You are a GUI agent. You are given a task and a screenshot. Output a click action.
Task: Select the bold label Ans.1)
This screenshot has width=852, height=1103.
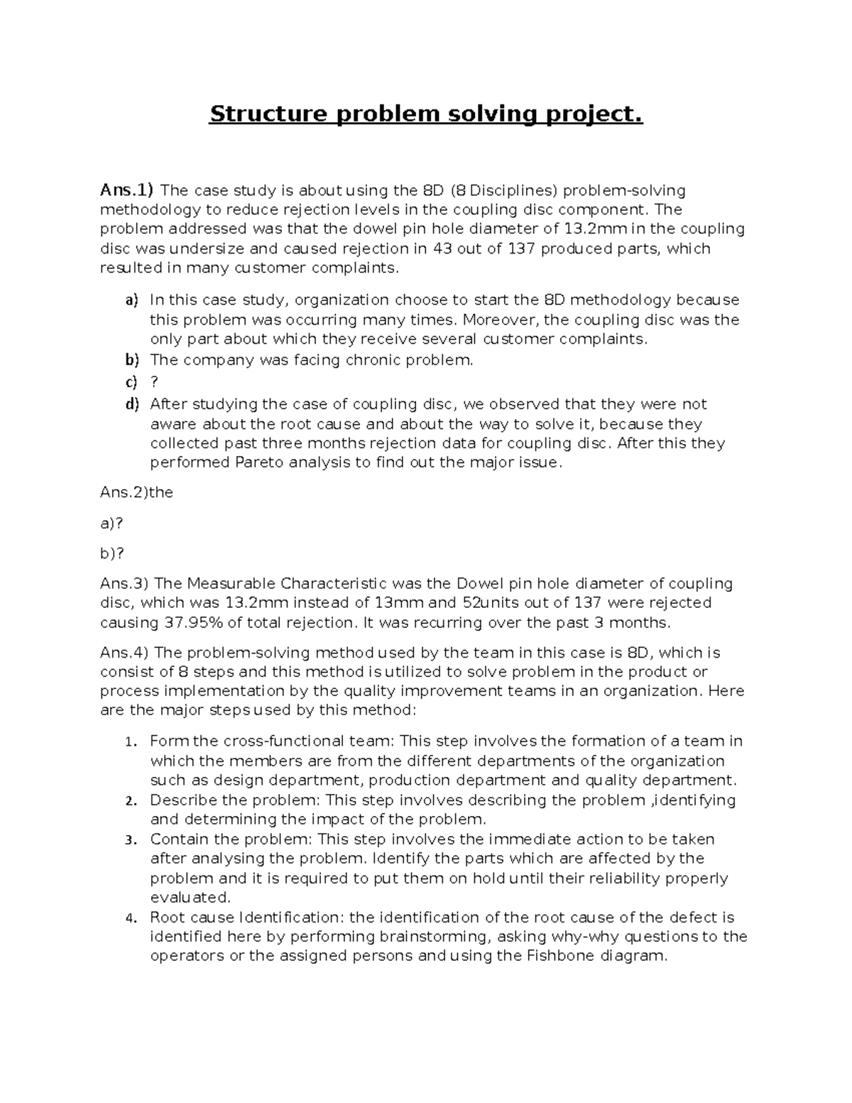point(126,190)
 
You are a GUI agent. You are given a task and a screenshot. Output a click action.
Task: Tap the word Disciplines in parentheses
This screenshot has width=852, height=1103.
point(515,190)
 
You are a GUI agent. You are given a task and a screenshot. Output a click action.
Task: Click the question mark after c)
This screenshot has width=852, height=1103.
point(154,382)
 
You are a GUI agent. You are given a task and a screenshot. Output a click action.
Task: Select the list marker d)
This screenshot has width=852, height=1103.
point(132,404)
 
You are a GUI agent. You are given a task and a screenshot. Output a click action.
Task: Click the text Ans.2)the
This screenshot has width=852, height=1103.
point(136,492)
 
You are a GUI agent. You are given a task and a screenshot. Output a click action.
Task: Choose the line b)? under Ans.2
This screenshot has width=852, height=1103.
point(111,553)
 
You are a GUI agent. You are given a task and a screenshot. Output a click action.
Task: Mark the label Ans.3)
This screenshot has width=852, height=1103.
point(124,584)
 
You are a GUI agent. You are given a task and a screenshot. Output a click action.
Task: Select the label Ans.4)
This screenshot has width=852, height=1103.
point(124,653)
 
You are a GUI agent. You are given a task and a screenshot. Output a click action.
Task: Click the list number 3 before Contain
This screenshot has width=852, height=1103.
point(129,840)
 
